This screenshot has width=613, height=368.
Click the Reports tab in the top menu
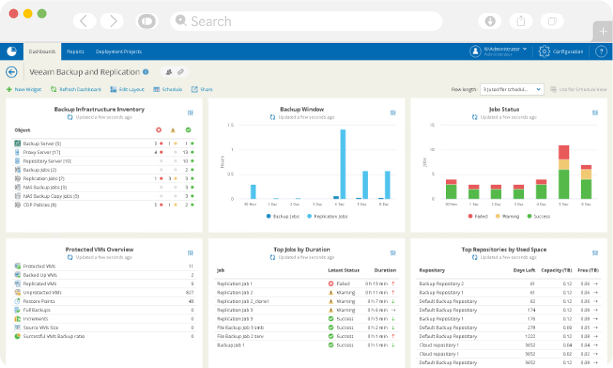[x=75, y=51]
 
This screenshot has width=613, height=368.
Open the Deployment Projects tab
[x=118, y=51]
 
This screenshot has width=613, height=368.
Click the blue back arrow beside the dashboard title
[x=11, y=72]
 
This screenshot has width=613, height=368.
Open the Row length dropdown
[x=512, y=90]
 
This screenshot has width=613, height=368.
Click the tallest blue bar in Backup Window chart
[x=343, y=164]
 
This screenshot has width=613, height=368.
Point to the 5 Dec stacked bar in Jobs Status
[x=564, y=172]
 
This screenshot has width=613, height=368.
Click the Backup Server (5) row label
[x=41, y=143]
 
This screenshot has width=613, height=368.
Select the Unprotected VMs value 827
[x=188, y=293]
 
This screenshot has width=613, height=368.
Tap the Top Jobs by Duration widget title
[x=306, y=249]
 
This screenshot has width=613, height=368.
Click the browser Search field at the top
[x=306, y=21]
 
